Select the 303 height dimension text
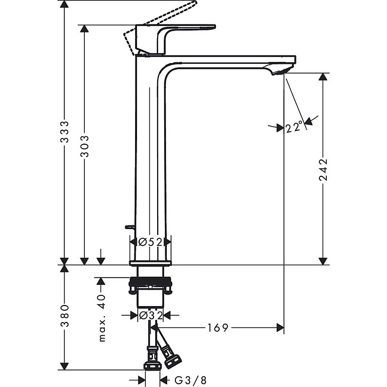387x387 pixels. click(x=84, y=146)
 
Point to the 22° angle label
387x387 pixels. click(x=294, y=127)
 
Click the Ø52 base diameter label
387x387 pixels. click(x=150, y=242)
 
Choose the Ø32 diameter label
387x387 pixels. click(x=150, y=315)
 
